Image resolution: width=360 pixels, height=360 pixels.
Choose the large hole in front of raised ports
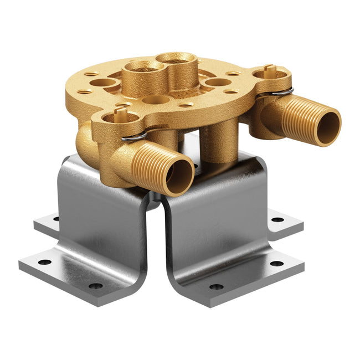pyautogui.click(x=156, y=100)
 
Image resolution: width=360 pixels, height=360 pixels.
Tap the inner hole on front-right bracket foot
pyautogui.click(x=216, y=286)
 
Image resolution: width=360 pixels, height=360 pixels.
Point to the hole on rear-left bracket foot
pyautogui.click(x=55, y=219)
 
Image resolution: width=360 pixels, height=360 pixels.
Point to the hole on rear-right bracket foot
pyautogui.click(x=275, y=219)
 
